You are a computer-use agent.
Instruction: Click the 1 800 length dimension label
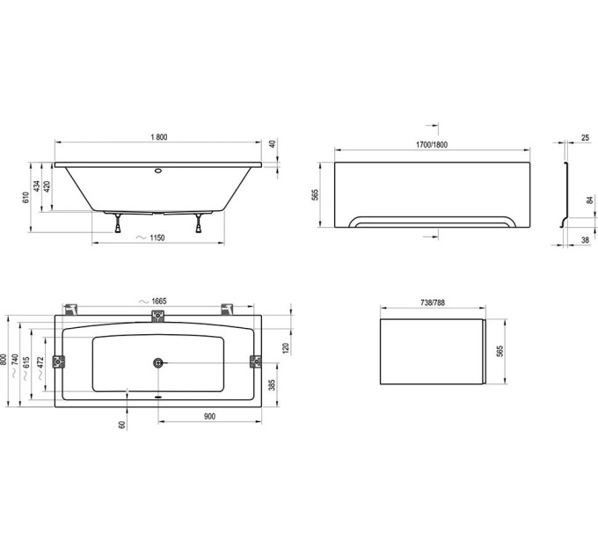(x=159, y=137)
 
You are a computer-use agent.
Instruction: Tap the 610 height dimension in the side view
(x=26, y=197)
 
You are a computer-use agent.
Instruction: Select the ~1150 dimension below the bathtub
(x=150, y=238)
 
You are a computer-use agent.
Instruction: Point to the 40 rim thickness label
(x=273, y=144)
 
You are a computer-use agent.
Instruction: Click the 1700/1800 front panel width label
(x=431, y=145)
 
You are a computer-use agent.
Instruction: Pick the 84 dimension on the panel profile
(x=590, y=200)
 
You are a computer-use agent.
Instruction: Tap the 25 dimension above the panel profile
(x=586, y=138)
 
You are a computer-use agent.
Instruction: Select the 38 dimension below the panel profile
(x=586, y=240)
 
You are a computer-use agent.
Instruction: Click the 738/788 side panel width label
(x=433, y=303)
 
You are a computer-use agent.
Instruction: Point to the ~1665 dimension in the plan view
(x=153, y=302)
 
